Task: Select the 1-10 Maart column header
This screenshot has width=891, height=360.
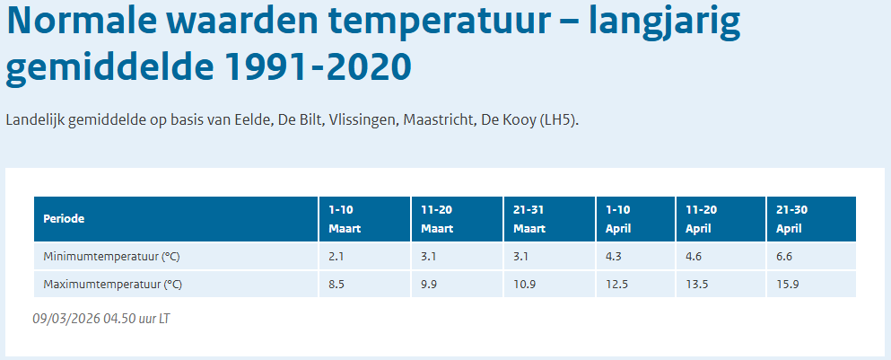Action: tap(345, 219)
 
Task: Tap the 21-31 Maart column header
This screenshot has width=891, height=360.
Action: tap(529, 219)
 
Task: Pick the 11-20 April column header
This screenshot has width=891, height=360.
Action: tap(703, 219)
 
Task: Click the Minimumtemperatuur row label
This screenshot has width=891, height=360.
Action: tap(112, 257)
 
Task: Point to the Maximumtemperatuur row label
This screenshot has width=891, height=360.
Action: tap(113, 285)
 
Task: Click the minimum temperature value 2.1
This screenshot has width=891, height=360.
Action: tap(336, 257)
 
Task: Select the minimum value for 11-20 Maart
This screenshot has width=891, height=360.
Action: tap(429, 257)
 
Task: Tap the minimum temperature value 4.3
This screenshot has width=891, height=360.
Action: tap(613, 257)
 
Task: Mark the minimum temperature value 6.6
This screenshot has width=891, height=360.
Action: tap(785, 257)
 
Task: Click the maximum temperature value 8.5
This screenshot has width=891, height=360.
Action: tap(337, 285)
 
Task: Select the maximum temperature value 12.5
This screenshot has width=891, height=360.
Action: tap(616, 285)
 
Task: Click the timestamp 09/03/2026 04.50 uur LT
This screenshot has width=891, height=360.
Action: tap(100, 319)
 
